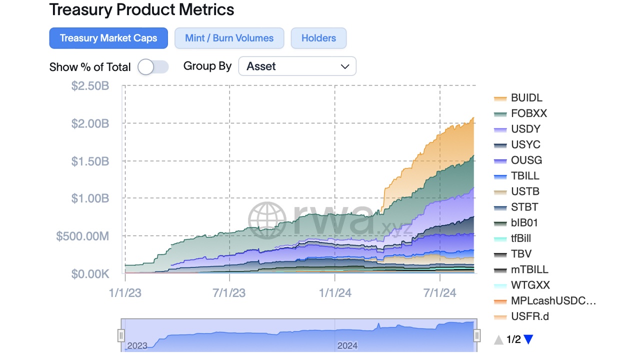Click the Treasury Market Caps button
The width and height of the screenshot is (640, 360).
[x=108, y=38]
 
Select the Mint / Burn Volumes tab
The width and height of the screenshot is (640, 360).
[x=229, y=38]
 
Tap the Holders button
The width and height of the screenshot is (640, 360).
[x=318, y=38]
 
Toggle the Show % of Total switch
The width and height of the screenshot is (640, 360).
[x=153, y=67]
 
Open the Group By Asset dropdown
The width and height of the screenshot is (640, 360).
[x=297, y=66]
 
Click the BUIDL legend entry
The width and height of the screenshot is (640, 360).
[x=526, y=98]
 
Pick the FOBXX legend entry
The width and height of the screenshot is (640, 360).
[x=528, y=113]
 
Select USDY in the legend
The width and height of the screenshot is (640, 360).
[x=525, y=129]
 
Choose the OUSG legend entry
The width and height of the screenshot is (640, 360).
[x=526, y=160]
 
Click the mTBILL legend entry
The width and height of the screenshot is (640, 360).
[x=529, y=269]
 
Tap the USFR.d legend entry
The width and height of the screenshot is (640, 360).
[x=529, y=316]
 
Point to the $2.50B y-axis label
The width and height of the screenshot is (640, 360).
[x=90, y=86]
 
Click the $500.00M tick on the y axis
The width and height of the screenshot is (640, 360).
[x=82, y=236]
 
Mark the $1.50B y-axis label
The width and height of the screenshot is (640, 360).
[x=90, y=161]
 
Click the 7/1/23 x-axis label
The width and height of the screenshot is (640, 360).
[x=229, y=293]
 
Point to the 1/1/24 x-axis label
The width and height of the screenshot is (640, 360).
[x=334, y=293]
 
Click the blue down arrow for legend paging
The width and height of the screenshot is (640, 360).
[x=528, y=340]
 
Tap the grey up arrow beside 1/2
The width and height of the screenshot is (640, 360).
[x=498, y=340]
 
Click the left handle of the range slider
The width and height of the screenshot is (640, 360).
[x=121, y=335]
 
